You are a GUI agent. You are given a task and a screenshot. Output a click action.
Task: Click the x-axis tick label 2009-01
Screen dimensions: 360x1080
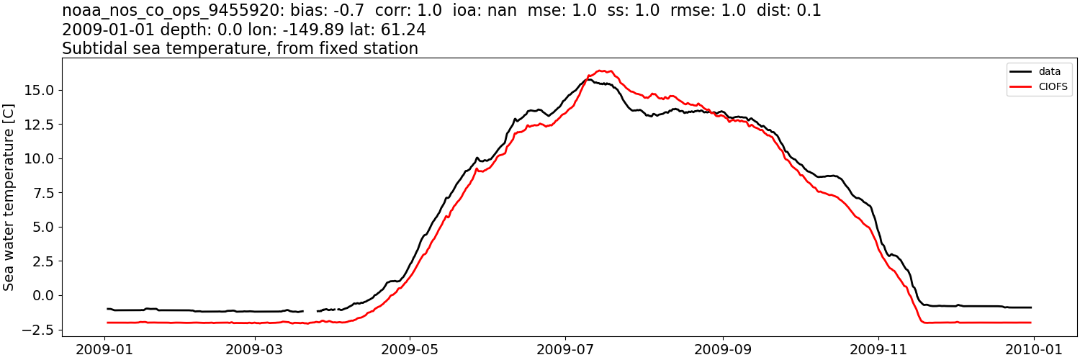(105, 349)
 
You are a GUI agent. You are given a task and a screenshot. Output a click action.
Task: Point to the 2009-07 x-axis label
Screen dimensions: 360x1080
(565, 349)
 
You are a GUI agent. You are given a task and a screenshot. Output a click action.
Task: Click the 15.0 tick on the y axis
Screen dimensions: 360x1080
(40, 90)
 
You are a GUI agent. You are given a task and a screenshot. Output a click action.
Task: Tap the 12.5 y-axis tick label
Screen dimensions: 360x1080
(40, 125)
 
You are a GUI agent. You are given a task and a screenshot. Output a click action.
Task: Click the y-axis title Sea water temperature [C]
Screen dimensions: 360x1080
(9, 197)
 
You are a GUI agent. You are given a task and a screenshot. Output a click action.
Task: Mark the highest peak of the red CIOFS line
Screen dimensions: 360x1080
(600, 71)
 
